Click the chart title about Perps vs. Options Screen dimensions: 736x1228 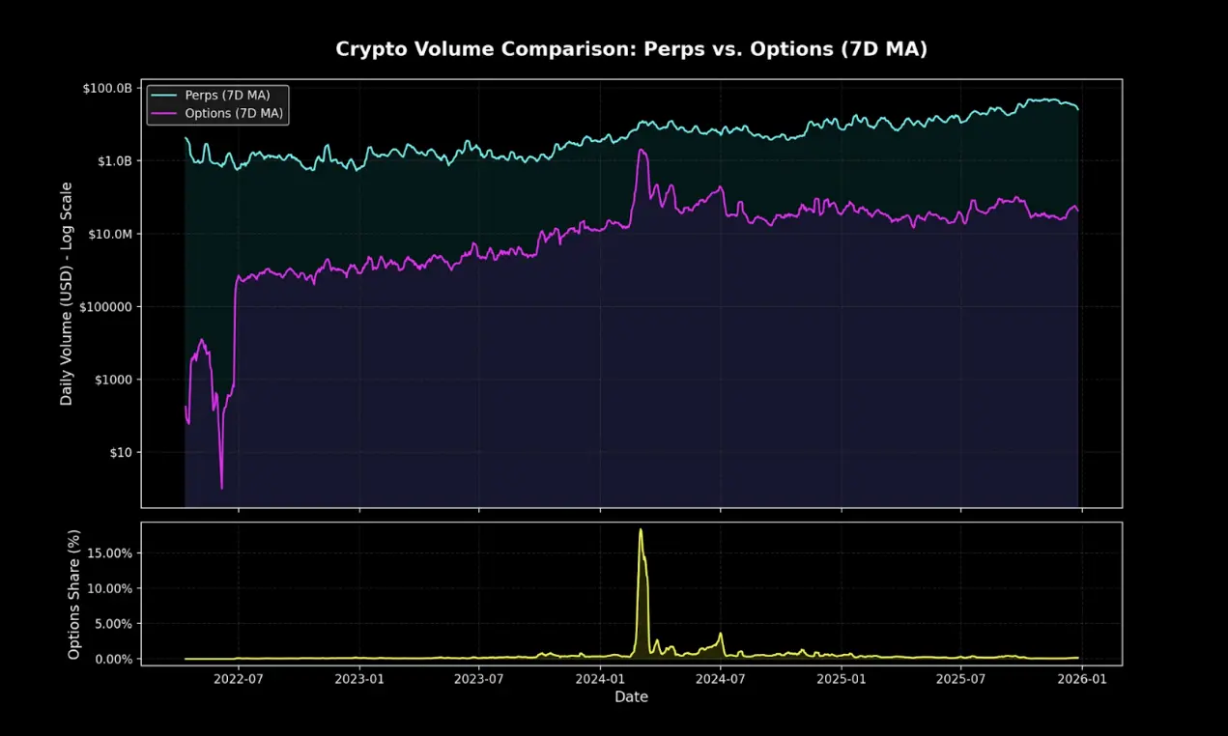631,49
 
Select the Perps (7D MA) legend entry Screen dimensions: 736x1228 227,96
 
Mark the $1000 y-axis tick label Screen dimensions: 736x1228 115,380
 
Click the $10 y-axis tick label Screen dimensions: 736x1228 121,452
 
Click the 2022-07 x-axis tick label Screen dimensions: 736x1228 238,679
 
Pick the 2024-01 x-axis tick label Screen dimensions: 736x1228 600,679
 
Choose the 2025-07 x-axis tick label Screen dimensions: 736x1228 961,679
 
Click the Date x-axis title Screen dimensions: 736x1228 631,696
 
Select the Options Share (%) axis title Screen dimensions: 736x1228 73,592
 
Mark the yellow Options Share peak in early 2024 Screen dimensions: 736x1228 641,529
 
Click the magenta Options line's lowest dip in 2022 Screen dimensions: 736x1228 221,488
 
